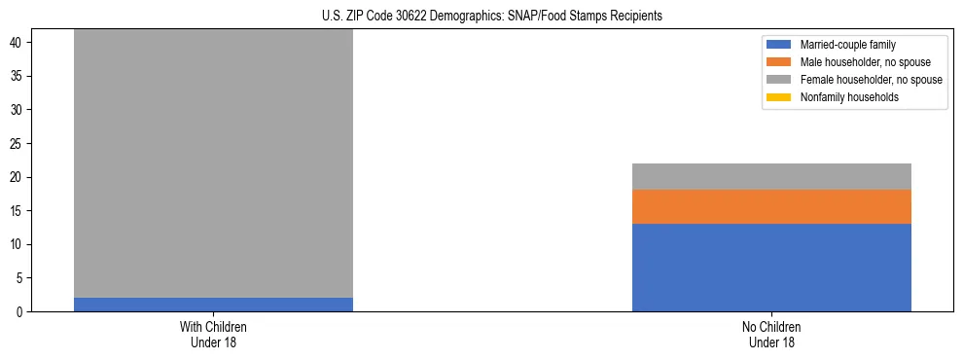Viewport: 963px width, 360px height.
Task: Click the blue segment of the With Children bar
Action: [213, 305]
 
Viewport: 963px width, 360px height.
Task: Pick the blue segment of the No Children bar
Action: [771, 268]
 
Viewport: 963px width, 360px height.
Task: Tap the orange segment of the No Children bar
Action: [771, 206]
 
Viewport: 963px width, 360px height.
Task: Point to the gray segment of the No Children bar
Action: [771, 176]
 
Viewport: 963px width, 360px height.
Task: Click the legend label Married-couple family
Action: [846, 45]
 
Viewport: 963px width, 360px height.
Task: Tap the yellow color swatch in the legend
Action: [779, 97]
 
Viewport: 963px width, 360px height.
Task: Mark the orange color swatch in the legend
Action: [779, 62]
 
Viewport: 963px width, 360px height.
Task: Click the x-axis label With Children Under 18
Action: [213, 334]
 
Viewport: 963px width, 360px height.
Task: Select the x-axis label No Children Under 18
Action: [771, 334]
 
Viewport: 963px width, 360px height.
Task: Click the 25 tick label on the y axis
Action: [18, 144]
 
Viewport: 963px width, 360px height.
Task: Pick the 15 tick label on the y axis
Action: [18, 211]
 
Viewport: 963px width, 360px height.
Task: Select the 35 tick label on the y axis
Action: [18, 77]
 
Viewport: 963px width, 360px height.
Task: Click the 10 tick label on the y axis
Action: [18, 245]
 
